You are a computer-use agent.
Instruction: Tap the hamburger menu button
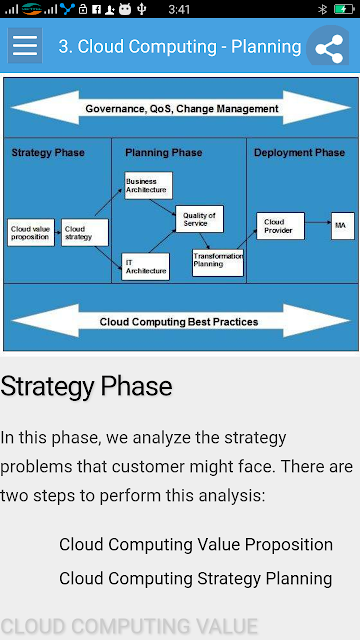pos(25,46)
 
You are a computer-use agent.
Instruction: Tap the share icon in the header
pos(329,49)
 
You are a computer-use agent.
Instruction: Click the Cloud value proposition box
pos(31,233)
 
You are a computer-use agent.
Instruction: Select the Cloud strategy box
pos(85,233)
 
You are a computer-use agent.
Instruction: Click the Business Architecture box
pos(149,185)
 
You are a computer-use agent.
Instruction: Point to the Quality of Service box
pos(200,219)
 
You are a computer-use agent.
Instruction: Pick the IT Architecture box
pos(145,267)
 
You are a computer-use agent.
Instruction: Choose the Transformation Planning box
pos(218,263)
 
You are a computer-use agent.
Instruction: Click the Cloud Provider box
pos(280,226)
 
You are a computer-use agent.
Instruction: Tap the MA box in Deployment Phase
pos(343,226)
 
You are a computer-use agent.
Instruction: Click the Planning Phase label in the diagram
pos(164,153)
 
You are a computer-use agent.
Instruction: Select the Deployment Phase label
pos(300,153)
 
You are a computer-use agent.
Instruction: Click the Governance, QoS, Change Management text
pos(182,109)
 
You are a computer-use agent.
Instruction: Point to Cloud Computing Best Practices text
pos(179,322)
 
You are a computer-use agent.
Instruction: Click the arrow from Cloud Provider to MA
pos(318,222)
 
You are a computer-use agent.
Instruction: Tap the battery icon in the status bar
pos(344,9)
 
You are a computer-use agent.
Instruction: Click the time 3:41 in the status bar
pos(179,9)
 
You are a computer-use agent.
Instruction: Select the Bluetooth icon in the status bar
pos(322,9)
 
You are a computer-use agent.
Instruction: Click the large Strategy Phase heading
pos(86,387)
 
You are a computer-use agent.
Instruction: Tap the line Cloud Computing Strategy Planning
pos(196,578)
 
